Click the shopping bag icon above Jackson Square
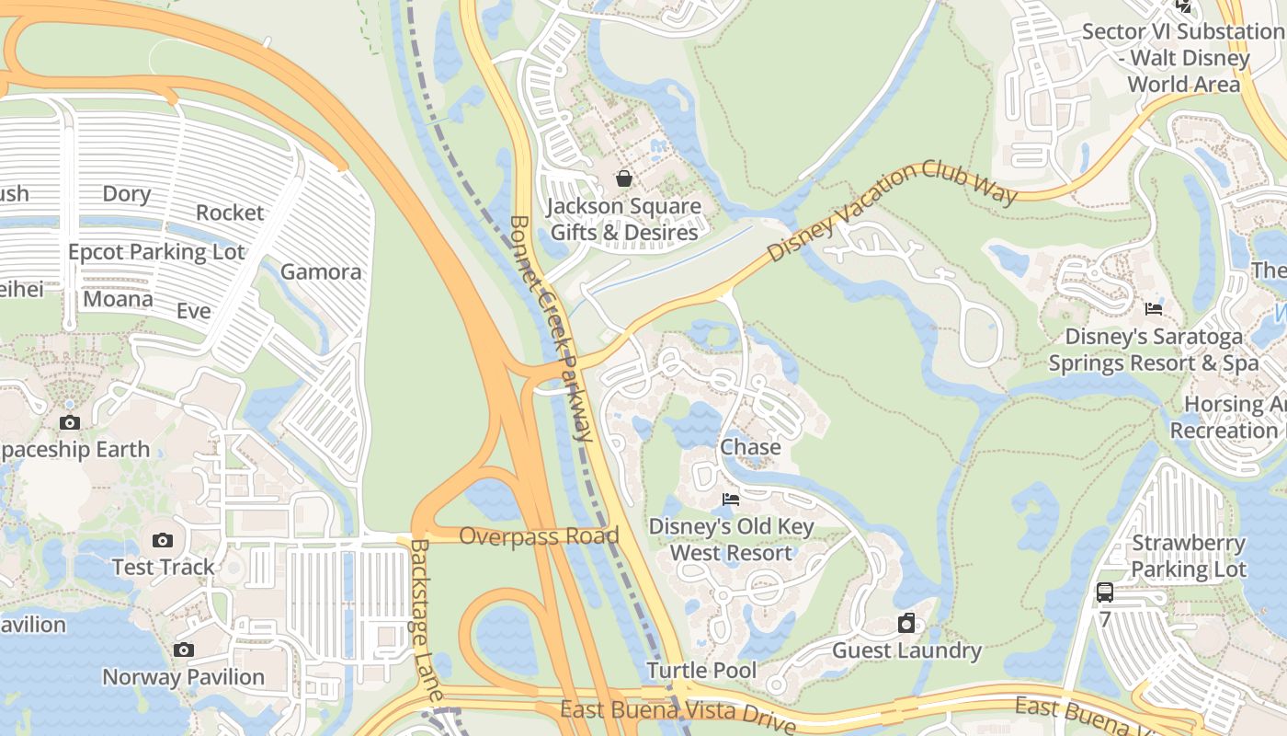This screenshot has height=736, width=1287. click(x=624, y=178)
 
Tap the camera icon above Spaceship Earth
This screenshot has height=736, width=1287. click(x=69, y=423)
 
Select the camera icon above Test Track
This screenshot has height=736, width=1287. click(x=163, y=540)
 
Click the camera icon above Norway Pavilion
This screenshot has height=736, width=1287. click(x=184, y=650)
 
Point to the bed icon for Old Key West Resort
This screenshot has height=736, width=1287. click(x=731, y=500)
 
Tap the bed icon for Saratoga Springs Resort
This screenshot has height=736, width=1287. click(x=1154, y=309)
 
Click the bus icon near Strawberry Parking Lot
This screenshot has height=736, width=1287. click(x=1105, y=592)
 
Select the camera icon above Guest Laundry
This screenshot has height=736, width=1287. click(x=906, y=624)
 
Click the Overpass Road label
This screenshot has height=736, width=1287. click(x=539, y=535)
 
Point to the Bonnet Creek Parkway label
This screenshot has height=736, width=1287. click(x=552, y=328)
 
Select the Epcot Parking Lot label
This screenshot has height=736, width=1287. click(x=156, y=252)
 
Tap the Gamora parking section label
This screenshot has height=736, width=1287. click(x=321, y=271)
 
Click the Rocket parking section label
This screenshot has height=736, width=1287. click(x=230, y=213)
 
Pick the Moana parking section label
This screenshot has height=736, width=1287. click(x=118, y=299)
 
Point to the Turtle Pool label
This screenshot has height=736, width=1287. click(x=701, y=670)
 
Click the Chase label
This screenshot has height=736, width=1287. click(x=750, y=447)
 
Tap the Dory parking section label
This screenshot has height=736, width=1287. click(x=126, y=194)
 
